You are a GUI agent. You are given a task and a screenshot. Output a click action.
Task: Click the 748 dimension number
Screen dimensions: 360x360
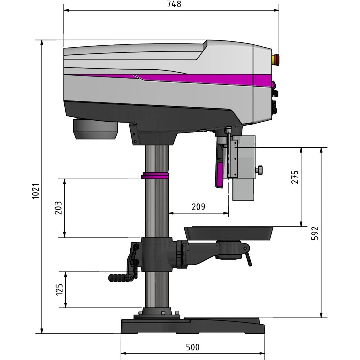(x=174, y=4)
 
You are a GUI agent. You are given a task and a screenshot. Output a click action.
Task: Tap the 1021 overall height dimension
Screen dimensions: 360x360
(x=36, y=191)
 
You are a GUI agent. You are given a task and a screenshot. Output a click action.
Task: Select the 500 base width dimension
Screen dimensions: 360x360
(x=193, y=347)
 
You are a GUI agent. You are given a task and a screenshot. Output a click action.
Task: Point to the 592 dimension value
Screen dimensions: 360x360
(x=315, y=233)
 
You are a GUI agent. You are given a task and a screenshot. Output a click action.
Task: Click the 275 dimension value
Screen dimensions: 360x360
(x=295, y=177)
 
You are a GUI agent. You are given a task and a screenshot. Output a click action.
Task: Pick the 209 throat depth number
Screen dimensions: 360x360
(x=198, y=207)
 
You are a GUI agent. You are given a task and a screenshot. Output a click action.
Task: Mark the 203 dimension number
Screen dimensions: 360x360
(x=58, y=208)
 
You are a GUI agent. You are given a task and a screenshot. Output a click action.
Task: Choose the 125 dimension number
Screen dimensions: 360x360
(x=59, y=289)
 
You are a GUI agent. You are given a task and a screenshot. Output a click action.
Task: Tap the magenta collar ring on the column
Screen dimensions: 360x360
(x=155, y=176)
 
